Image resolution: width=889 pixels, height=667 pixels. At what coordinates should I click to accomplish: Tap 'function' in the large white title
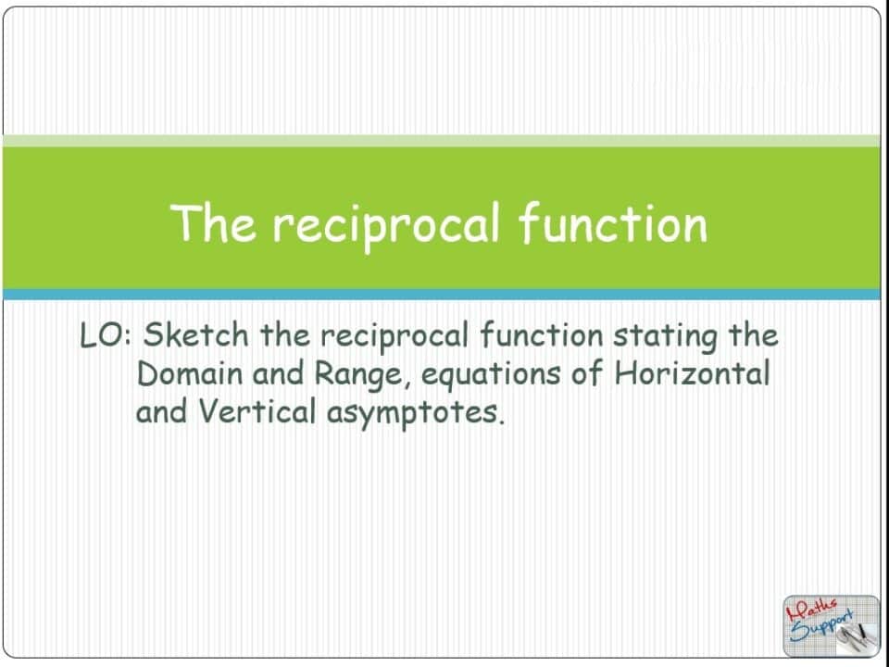[612, 223]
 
